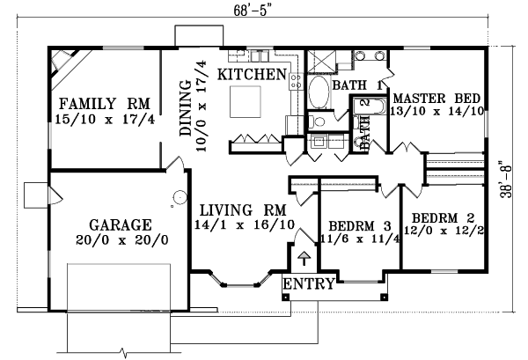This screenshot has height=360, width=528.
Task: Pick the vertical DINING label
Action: point(187,108)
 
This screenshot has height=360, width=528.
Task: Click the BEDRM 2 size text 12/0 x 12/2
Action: point(445,232)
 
